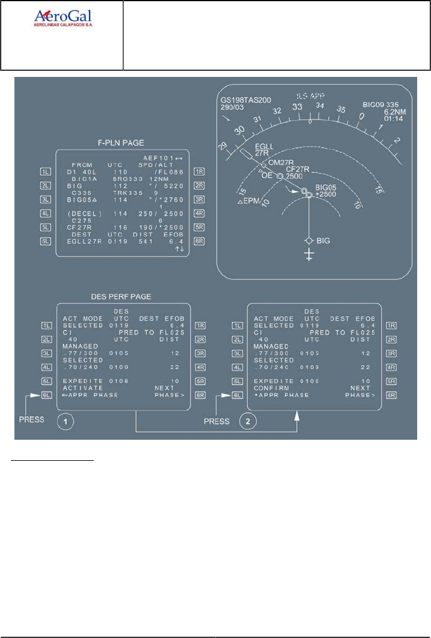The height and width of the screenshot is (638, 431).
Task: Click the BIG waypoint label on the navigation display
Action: coord(323,240)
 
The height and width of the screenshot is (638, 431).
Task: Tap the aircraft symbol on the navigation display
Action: coord(309,255)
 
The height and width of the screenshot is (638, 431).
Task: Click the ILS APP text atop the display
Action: coord(313,96)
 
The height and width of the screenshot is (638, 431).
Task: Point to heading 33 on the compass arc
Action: coord(296,107)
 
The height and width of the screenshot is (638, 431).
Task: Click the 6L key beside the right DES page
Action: coord(236,395)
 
